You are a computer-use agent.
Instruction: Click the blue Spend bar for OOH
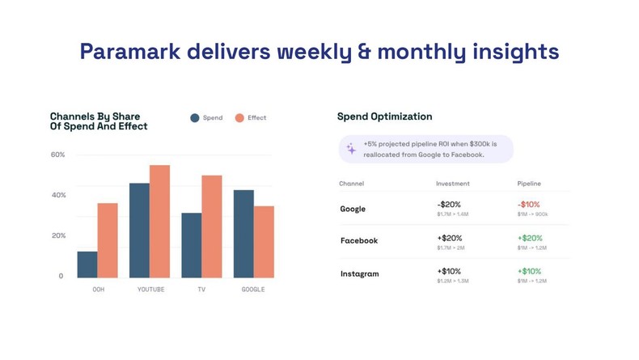click(87, 265)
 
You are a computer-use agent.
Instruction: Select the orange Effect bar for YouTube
click(159, 222)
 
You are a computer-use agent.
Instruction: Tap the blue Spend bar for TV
click(192, 245)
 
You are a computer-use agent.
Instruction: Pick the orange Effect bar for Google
click(264, 242)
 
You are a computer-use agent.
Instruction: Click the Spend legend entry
click(206, 118)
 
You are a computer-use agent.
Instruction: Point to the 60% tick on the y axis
click(57, 155)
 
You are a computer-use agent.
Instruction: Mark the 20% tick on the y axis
click(57, 235)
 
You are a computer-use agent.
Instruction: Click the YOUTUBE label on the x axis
click(150, 290)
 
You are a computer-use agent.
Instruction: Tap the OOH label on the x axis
click(98, 290)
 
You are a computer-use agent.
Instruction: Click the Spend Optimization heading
click(384, 116)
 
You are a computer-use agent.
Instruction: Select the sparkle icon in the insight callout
click(351, 149)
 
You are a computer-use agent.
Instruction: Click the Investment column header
click(452, 184)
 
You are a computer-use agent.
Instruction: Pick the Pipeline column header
click(529, 184)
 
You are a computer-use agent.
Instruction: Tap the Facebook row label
click(358, 241)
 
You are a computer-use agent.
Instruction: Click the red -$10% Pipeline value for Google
click(528, 205)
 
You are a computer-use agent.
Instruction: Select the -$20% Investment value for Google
click(449, 205)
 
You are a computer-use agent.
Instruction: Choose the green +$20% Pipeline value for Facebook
click(530, 238)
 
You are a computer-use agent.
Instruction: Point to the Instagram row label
click(359, 274)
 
